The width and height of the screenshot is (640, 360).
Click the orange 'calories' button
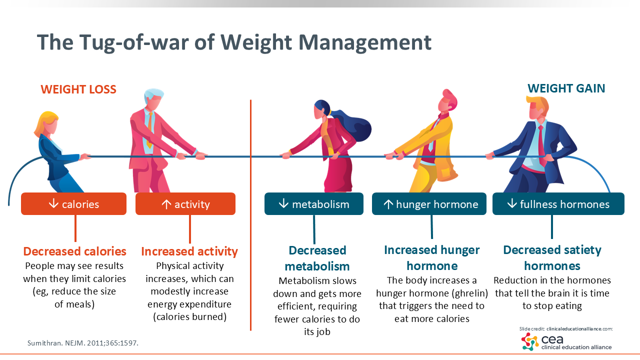click(73, 203)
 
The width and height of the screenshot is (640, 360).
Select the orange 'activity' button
click(185, 203)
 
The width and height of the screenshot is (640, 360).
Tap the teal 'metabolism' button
click(313, 203)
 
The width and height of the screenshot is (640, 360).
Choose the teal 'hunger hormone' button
click(429, 203)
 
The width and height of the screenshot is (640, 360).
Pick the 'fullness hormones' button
click(558, 203)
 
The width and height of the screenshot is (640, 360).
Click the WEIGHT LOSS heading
click(78, 89)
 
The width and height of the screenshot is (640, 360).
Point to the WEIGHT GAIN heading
click(566, 88)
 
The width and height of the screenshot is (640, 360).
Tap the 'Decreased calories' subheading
click(75, 251)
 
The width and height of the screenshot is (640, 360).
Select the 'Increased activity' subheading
click(189, 251)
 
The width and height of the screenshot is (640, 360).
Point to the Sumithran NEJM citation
click(83, 343)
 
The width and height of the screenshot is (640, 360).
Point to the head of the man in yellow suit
click(447, 103)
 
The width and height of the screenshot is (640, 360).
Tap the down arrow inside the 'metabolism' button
click(283, 203)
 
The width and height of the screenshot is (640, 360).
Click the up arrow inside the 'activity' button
click(166, 203)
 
